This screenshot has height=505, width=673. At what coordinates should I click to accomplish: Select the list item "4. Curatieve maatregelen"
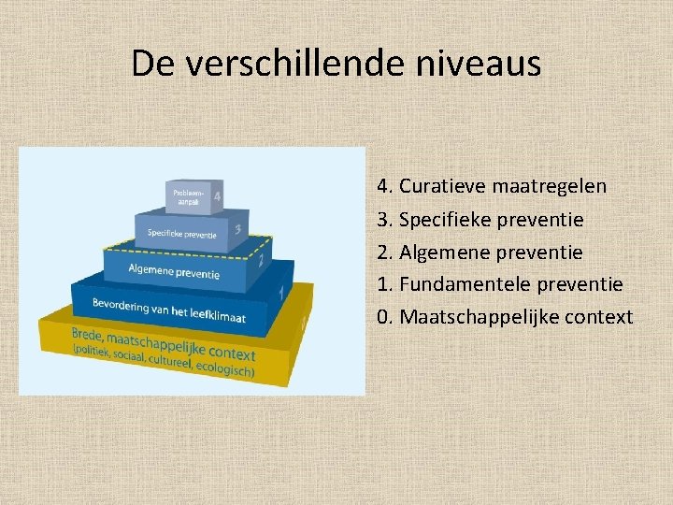[x=492, y=186]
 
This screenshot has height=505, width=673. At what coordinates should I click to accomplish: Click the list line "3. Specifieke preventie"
[x=480, y=220]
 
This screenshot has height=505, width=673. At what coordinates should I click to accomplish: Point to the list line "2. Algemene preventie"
[x=480, y=252]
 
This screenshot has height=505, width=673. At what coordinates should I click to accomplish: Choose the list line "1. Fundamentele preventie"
[x=500, y=284]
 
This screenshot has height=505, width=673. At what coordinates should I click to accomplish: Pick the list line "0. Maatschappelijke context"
[x=505, y=317]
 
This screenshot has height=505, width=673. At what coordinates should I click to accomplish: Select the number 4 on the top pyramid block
[x=217, y=196]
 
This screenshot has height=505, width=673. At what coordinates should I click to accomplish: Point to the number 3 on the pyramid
[x=238, y=229]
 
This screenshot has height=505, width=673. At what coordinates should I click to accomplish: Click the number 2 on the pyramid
[x=261, y=259]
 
